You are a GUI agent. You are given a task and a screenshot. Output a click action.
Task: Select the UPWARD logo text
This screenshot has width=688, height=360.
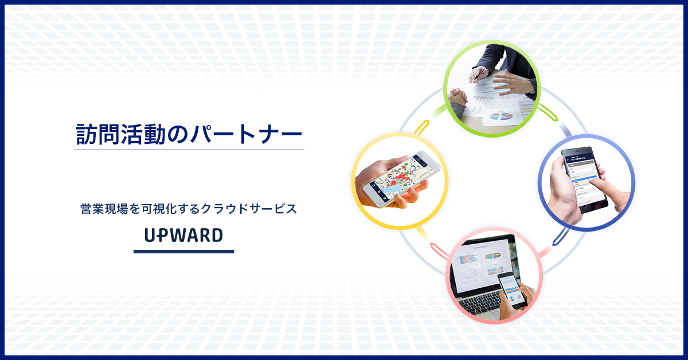point(183,235)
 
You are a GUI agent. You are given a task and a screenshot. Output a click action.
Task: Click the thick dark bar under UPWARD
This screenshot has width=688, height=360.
point(183,251)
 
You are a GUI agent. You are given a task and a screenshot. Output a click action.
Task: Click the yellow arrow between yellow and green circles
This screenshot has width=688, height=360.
point(422,127)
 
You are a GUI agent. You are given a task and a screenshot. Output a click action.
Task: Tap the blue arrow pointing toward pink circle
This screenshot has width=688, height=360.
point(559,236)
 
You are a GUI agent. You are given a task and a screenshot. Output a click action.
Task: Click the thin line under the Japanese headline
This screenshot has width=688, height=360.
point(189,150)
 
